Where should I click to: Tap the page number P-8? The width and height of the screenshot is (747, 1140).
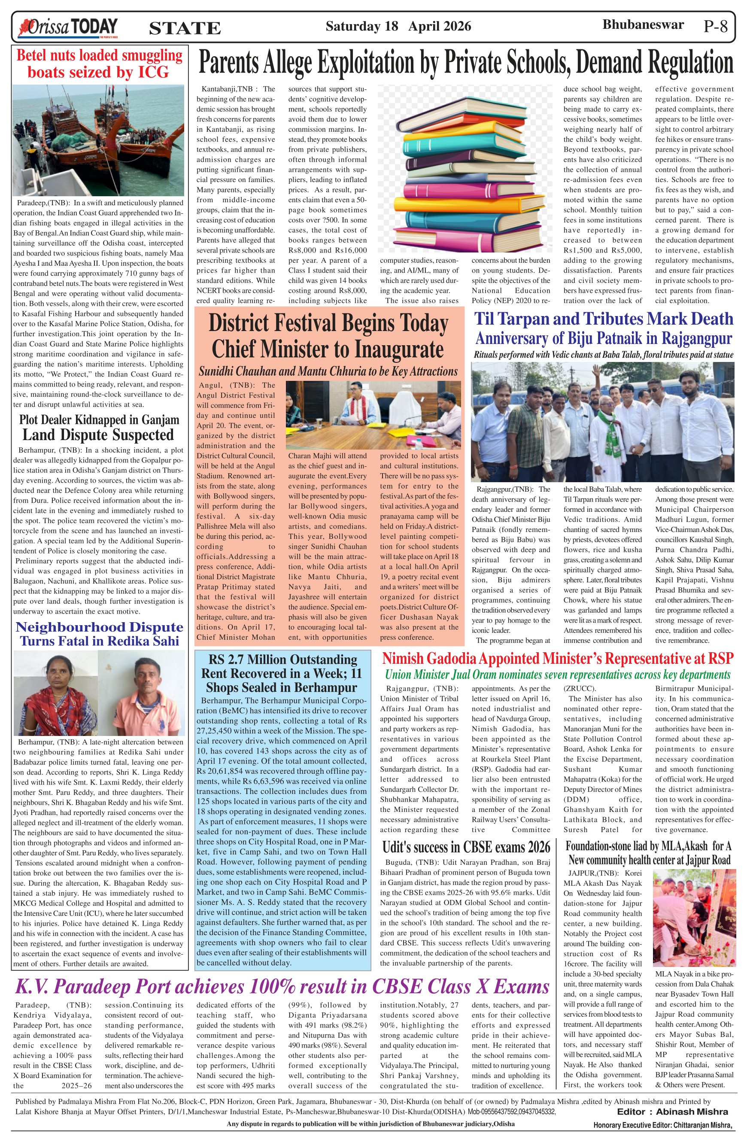pyautogui.click(x=715, y=26)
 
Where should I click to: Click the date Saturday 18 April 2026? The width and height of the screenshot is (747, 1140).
pyautogui.click(x=398, y=26)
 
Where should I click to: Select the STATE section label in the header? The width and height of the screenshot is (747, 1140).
pyautogui.click(x=185, y=29)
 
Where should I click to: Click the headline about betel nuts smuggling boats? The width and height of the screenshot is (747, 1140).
pyautogui.click(x=99, y=64)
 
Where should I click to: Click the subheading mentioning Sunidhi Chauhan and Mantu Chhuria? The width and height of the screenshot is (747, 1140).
pyautogui.click(x=328, y=372)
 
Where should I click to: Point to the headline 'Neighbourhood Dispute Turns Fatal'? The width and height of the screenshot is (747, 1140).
pyautogui.click(x=99, y=634)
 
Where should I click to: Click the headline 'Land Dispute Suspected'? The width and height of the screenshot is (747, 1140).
pyautogui.click(x=98, y=435)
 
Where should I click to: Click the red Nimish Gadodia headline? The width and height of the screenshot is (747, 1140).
pyautogui.click(x=557, y=659)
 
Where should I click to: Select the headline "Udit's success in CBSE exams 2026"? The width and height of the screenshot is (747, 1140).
pyautogui.click(x=466, y=847)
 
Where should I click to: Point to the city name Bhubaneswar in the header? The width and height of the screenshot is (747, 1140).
pyautogui.click(x=643, y=25)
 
